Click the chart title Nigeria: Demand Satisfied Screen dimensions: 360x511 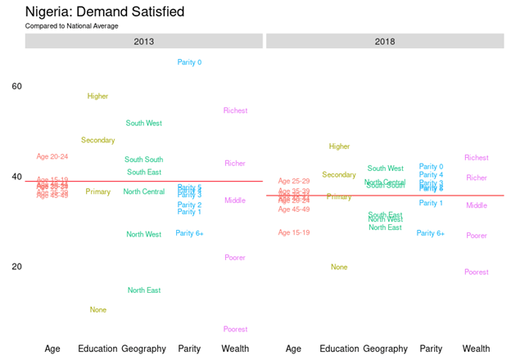pyautogui.click(x=105, y=12)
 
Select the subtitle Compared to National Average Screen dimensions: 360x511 pyautogui.click(x=71, y=26)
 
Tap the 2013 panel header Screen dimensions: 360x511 pyautogui.click(x=144, y=41)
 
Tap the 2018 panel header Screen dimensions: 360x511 pyautogui.click(x=385, y=41)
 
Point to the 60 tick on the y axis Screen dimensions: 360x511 pyautogui.click(x=16, y=87)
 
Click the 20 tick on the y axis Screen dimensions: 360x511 pyautogui.click(x=16, y=267)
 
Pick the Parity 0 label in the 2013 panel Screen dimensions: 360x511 pyautogui.click(x=189, y=62)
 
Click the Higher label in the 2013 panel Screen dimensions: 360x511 pyautogui.click(x=97, y=97)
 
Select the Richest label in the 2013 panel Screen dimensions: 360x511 pyautogui.click(x=235, y=110)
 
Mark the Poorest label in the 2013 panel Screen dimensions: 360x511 pyautogui.click(x=235, y=329)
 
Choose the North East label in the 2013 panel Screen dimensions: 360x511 pyautogui.click(x=144, y=290)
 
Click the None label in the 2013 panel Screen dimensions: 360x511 pyautogui.click(x=97, y=310)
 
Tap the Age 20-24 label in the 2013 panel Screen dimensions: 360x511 pyautogui.click(x=52, y=156)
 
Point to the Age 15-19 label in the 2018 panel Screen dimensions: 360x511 pyautogui.click(x=294, y=232)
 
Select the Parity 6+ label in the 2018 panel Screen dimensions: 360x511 pyautogui.click(x=431, y=233)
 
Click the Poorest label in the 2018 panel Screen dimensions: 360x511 pyautogui.click(x=477, y=272)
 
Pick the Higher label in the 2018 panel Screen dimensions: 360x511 pyautogui.click(x=339, y=146)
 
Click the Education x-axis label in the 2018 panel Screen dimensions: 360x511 pyautogui.click(x=339, y=349)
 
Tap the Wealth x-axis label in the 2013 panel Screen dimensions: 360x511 pyautogui.click(x=235, y=349)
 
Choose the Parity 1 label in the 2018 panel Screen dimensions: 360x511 pyautogui.click(x=431, y=203)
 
